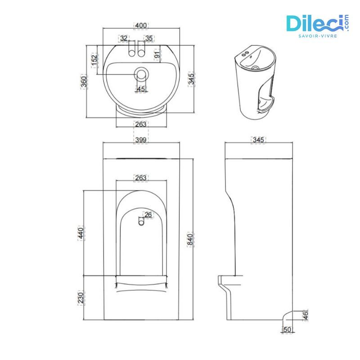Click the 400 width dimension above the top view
point(142,25)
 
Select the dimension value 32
point(124,39)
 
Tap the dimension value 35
point(149,39)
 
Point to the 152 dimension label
point(94,59)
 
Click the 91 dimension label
point(157,55)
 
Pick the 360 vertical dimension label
point(84,81)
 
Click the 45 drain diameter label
point(141,89)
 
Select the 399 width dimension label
point(141,140)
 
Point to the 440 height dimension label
point(81,233)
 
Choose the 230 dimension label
point(81,297)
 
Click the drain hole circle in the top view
point(142,74)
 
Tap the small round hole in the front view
point(141,221)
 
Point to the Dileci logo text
point(315,23)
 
